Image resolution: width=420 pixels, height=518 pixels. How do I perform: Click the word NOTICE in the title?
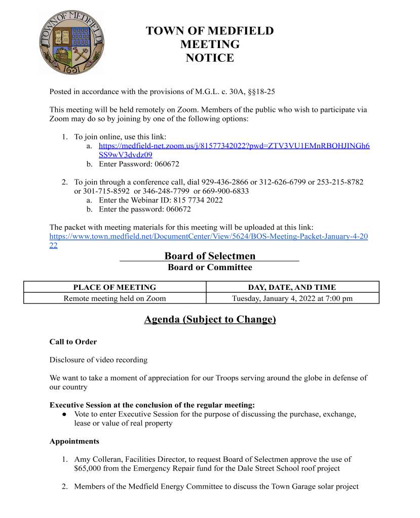(x=210, y=58)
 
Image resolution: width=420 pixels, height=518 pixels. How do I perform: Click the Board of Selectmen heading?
(x=210, y=256)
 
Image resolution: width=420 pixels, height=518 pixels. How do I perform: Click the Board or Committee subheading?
(x=210, y=267)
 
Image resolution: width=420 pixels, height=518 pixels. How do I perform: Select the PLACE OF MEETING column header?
(x=114, y=287)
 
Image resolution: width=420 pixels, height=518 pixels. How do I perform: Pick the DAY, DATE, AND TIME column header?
(x=292, y=287)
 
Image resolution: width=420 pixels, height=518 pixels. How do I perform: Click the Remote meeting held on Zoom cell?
(x=114, y=298)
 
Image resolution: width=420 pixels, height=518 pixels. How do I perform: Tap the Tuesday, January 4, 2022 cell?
(x=292, y=298)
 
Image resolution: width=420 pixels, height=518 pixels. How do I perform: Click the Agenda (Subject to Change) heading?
(x=210, y=320)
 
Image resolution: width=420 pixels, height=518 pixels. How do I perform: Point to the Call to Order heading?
(x=73, y=342)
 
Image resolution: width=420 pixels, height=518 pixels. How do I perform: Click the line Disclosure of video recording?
(x=98, y=360)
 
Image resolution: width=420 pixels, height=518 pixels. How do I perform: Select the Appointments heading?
(x=74, y=442)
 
